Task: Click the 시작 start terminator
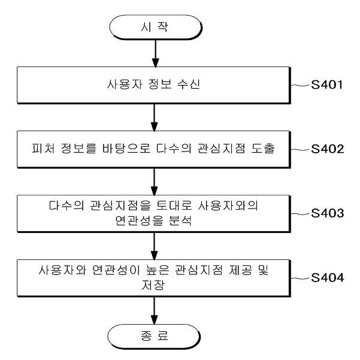click(x=155, y=28)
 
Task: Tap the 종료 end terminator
click(x=154, y=337)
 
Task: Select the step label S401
click(x=326, y=84)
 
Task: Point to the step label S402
click(x=328, y=149)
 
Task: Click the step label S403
click(x=328, y=213)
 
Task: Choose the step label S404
click(x=328, y=277)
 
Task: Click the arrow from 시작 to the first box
click(x=155, y=53)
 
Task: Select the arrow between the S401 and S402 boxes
click(x=155, y=117)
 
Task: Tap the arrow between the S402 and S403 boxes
click(x=155, y=182)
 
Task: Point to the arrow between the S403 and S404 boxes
click(x=155, y=246)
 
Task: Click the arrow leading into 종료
click(x=155, y=310)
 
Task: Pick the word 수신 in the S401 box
click(x=189, y=84)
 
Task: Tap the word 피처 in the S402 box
click(x=43, y=149)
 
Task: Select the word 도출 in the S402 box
click(x=263, y=149)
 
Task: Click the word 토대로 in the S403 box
click(x=174, y=205)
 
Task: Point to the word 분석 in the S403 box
click(x=180, y=220)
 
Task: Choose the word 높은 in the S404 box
click(x=158, y=270)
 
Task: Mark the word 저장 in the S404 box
click(x=153, y=285)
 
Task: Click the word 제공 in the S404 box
click(x=240, y=270)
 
